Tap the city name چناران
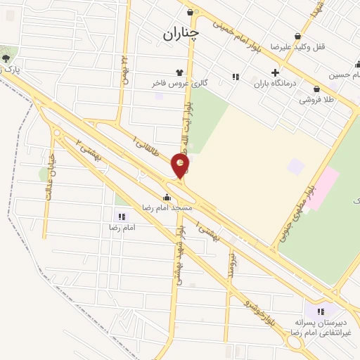click(x=181, y=32)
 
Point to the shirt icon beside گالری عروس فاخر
click(x=179, y=72)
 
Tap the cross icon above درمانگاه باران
click(x=275, y=72)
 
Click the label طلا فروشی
click(x=317, y=100)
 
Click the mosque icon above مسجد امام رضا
click(x=166, y=198)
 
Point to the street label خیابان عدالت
click(x=50, y=178)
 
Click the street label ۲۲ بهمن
click(x=125, y=70)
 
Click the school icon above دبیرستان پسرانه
click(x=321, y=311)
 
